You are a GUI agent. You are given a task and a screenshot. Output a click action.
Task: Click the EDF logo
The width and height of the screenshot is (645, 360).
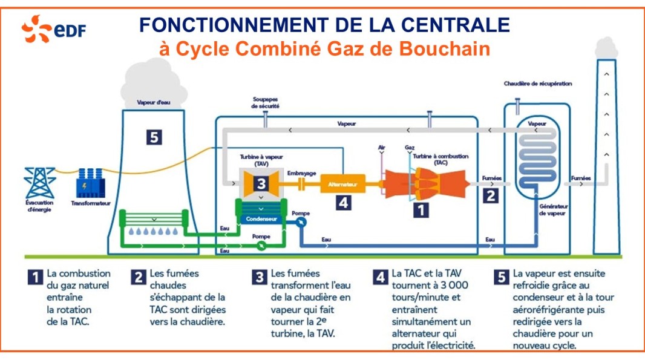(x=53, y=30)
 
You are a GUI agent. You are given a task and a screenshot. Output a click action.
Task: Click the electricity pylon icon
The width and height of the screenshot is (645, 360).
(x=40, y=182)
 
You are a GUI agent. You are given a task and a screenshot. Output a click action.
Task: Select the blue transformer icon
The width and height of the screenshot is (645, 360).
(x=90, y=182)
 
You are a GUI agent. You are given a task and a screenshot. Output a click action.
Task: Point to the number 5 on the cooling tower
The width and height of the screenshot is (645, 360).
(x=154, y=137)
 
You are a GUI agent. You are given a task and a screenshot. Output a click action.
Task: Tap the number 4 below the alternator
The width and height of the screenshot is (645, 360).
(x=343, y=203)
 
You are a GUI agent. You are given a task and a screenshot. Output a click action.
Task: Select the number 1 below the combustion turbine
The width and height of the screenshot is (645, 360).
(x=420, y=210)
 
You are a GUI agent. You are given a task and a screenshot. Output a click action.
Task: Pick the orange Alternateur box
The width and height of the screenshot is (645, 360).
(x=342, y=183)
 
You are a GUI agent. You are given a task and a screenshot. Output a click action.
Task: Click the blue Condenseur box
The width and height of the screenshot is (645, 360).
(x=260, y=219)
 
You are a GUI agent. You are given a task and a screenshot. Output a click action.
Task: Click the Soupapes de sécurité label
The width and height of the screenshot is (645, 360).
(x=265, y=102)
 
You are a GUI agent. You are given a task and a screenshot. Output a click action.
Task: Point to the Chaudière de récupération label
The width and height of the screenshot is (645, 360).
(x=537, y=83)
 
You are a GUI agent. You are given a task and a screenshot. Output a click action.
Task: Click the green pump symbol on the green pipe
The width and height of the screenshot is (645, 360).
(x=261, y=245)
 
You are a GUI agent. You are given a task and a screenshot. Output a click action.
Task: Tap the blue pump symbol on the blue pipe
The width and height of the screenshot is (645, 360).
(x=300, y=222)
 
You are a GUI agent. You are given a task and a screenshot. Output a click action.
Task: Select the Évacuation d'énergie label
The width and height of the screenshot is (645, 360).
(x=39, y=206)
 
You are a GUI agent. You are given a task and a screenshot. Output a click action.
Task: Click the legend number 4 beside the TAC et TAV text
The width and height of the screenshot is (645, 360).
(x=381, y=278)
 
